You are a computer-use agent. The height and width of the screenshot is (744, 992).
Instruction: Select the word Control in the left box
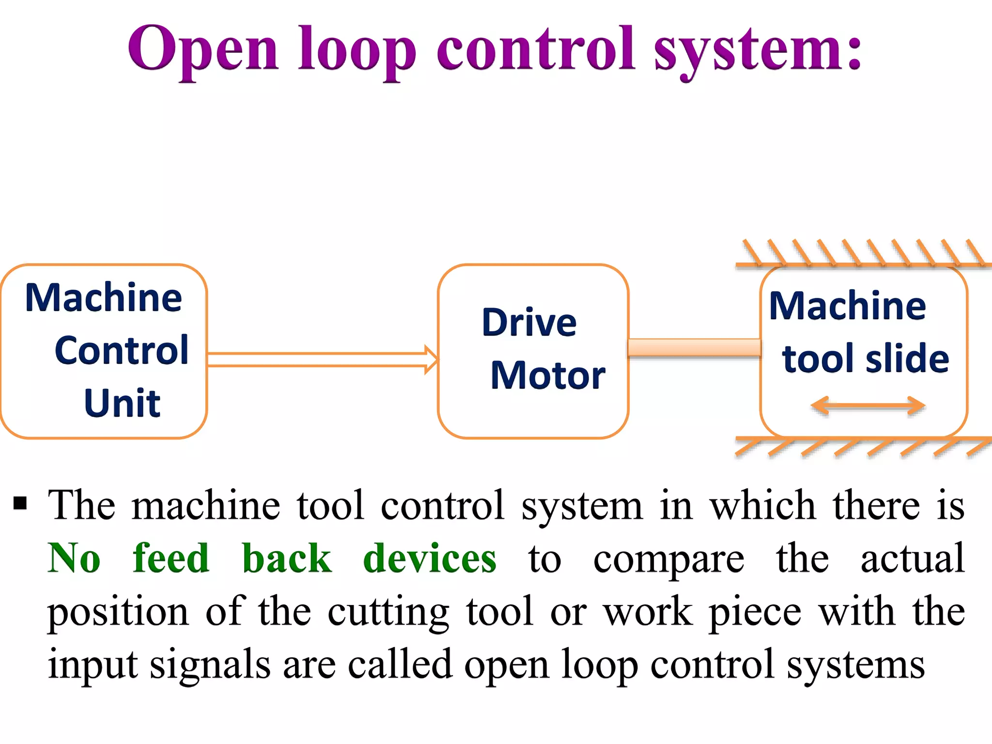(121, 350)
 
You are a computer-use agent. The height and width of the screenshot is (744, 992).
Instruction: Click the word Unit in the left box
(122, 403)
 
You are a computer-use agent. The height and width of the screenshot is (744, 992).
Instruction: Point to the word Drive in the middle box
(529, 323)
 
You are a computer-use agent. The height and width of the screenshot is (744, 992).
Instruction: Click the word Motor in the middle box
(547, 375)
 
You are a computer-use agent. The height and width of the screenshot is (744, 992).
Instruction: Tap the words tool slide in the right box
(865, 359)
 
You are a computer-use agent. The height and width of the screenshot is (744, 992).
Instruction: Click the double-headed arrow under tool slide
(868, 406)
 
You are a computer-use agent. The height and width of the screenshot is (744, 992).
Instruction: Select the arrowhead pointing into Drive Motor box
(431, 359)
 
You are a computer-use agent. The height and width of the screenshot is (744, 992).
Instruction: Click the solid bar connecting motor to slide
(694, 348)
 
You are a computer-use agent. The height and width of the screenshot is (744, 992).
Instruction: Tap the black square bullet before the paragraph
(20, 504)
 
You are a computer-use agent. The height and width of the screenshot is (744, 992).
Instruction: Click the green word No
(74, 558)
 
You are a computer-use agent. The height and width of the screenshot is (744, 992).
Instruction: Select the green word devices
(430, 558)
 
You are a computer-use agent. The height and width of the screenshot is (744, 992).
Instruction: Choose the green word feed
(171, 558)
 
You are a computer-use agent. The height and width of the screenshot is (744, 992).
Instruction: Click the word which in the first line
(763, 506)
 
